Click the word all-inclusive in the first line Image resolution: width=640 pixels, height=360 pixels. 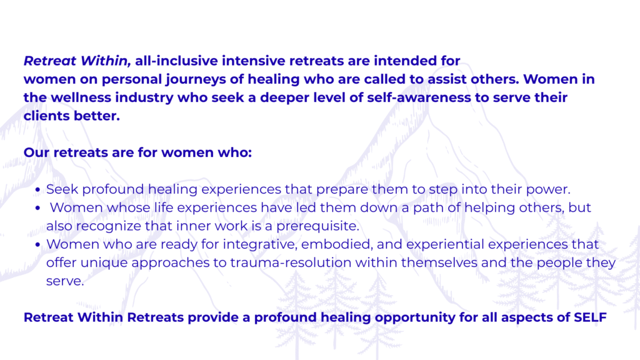(x=176, y=61)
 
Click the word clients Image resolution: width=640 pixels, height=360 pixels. (x=46, y=116)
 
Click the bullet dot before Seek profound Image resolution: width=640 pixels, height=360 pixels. (x=38, y=190)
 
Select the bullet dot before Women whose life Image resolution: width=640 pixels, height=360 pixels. (x=38, y=208)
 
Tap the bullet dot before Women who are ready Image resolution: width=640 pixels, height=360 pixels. (x=38, y=245)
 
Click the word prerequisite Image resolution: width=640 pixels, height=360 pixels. (x=318, y=226)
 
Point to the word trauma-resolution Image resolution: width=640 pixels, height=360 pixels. (x=291, y=262)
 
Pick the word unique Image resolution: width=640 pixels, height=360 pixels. (x=104, y=263)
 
